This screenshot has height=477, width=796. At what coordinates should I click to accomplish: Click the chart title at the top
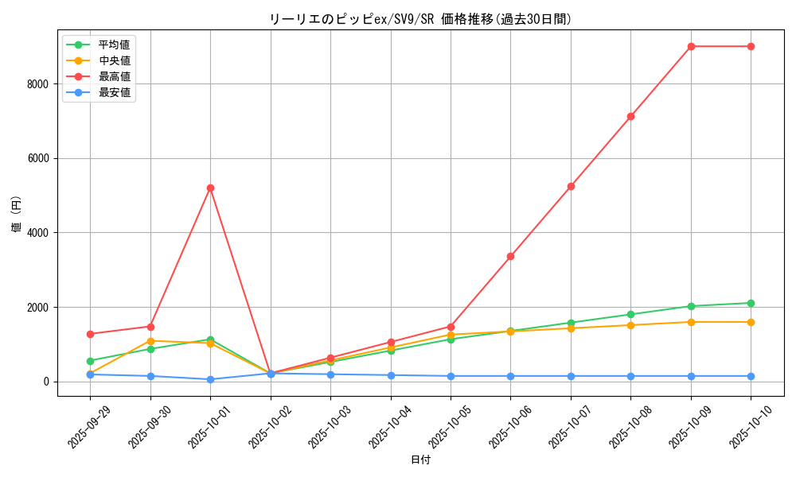(420, 19)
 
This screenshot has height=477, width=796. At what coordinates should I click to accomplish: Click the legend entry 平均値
(114, 45)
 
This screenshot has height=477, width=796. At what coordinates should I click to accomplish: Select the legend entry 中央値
(114, 60)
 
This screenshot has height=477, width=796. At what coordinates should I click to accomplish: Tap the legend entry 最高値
(114, 76)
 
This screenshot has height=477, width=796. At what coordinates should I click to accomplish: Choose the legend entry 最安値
(114, 92)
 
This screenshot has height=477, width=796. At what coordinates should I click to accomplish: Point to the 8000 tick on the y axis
(37, 83)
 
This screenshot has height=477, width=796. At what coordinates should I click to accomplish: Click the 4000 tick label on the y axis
(37, 233)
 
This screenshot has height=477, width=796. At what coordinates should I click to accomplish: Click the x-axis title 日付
(420, 460)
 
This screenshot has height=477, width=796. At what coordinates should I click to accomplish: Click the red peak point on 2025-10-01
(210, 188)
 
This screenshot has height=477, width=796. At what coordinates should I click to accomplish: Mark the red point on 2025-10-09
(691, 46)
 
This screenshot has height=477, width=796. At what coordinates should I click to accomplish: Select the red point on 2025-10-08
(630, 116)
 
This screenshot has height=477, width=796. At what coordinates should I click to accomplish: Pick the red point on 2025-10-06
(510, 256)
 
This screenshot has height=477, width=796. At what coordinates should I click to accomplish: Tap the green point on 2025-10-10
(751, 303)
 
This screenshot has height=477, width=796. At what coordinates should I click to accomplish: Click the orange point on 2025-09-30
(150, 341)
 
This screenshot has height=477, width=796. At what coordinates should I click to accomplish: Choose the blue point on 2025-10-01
(210, 379)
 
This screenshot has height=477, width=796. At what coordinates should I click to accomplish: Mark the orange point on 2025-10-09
(691, 322)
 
